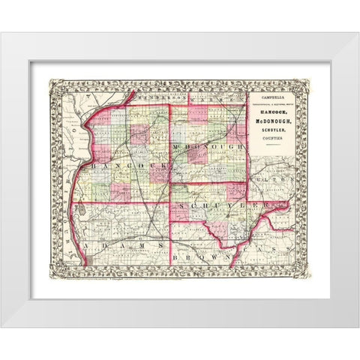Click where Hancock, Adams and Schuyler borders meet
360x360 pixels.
point(170,202)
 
